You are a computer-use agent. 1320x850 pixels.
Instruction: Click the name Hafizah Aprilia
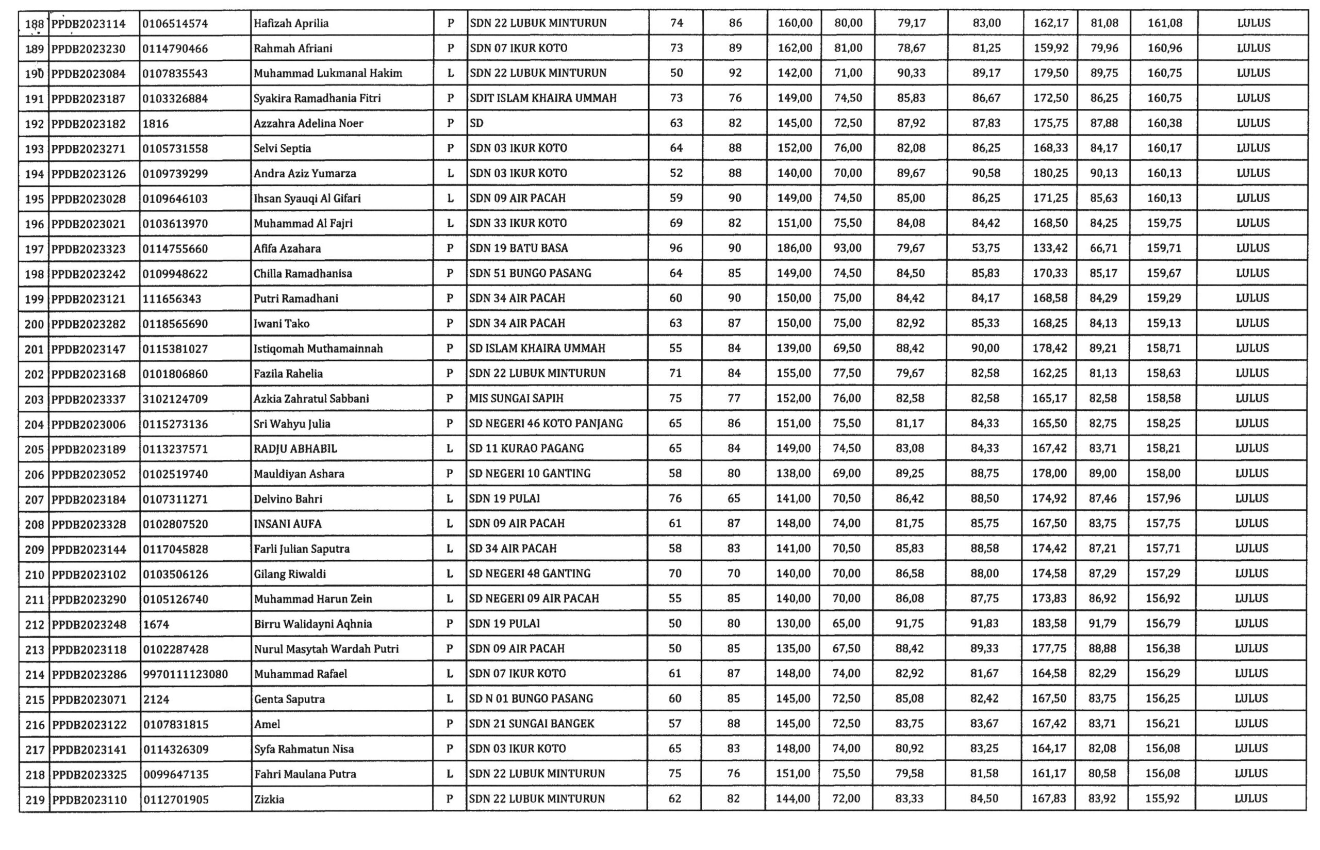pyautogui.click(x=291, y=23)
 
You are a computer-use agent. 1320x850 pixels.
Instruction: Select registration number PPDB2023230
pyautogui.click(x=88, y=48)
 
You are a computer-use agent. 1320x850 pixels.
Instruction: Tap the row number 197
pyautogui.click(x=34, y=249)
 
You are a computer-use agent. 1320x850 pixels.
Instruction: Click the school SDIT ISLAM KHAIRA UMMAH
pyautogui.click(x=542, y=98)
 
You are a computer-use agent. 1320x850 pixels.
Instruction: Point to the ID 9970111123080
pyautogui.click(x=185, y=674)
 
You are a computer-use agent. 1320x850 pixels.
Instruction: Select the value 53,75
pyautogui.click(x=985, y=248)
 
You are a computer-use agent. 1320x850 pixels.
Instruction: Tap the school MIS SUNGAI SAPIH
pyautogui.click(x=516, y=398)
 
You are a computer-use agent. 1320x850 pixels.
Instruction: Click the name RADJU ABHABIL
pyautogui.click(x=295, y=449)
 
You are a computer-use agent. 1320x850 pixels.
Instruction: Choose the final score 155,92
pyautogui.click(x=1162, y=798)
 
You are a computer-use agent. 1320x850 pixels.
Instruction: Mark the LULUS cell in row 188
pyautogui.click(x=1253, y=23)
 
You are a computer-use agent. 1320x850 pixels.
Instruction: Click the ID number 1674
pyautogui.click(x=156, y=624)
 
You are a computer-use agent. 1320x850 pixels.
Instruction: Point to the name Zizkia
pyautogui.click(x=269, y=799)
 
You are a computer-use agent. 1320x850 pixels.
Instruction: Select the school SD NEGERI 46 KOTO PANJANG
pyautogui.click(x=546, y=423)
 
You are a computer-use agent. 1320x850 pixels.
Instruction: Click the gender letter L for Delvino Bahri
pyautogui.click(x=450, y=499)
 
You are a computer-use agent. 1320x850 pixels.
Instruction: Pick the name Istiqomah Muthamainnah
pyautogui.click(x=318, y=349)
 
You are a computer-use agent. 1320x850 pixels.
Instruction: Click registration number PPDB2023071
pyautogui.click(x=89, y=699)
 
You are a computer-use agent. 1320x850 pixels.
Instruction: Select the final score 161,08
pyautogui.click(x=1164, y=23)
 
